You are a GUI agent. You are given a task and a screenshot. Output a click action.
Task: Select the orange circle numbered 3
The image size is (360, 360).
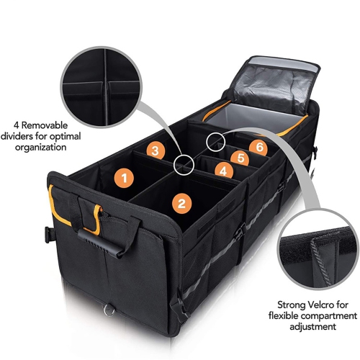tap(153, 150)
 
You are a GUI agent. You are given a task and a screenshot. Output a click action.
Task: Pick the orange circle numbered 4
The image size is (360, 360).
tap(224, 171)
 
